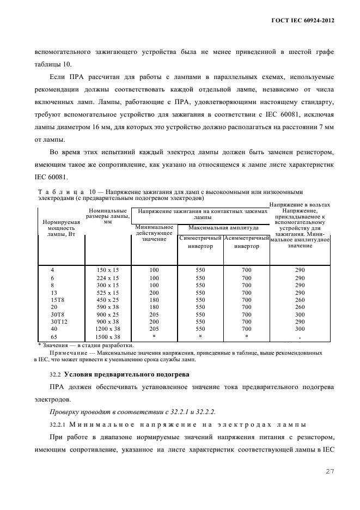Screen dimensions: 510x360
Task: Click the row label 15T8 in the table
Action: (x=56, y=299)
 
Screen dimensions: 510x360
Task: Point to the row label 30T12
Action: (x=56, y=322)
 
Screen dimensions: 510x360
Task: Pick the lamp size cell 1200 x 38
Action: (x=107, y=329)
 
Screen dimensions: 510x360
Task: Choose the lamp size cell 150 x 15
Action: (x=107, y=270)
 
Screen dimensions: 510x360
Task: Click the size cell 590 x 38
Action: (x=107, y=307)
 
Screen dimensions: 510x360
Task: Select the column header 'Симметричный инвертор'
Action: (x=200, y=242)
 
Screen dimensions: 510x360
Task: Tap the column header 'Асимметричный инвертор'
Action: (x=247, y=242)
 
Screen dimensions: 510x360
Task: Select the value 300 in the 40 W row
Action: (x=300, y=329)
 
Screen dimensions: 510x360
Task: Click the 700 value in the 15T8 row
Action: (x=247, y=299)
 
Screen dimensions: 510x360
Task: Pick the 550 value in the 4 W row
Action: (x=200, y=270)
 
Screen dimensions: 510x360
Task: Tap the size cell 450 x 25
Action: (x=107, y=299)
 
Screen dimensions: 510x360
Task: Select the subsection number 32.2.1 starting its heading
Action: (x=52, y=424)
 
